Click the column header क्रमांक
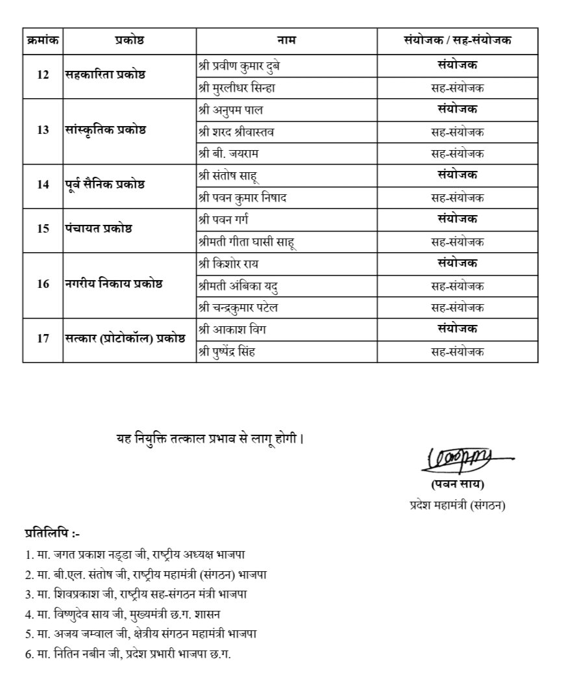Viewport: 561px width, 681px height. (43, 40)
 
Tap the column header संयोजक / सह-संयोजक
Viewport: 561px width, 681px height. (457, 40)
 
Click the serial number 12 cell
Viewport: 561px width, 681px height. (43, 74)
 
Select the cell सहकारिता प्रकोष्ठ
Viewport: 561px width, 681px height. (105, 74)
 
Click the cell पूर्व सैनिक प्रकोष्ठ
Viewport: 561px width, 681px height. (105, 185)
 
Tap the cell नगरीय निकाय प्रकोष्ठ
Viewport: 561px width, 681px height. (114, 285)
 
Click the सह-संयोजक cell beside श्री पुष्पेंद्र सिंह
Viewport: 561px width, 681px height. (457, 352)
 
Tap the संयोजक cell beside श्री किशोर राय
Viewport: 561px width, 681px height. (457, 263)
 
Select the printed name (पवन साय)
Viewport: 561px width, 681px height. (458, 484)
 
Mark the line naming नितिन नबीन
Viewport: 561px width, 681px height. (127, 653)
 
